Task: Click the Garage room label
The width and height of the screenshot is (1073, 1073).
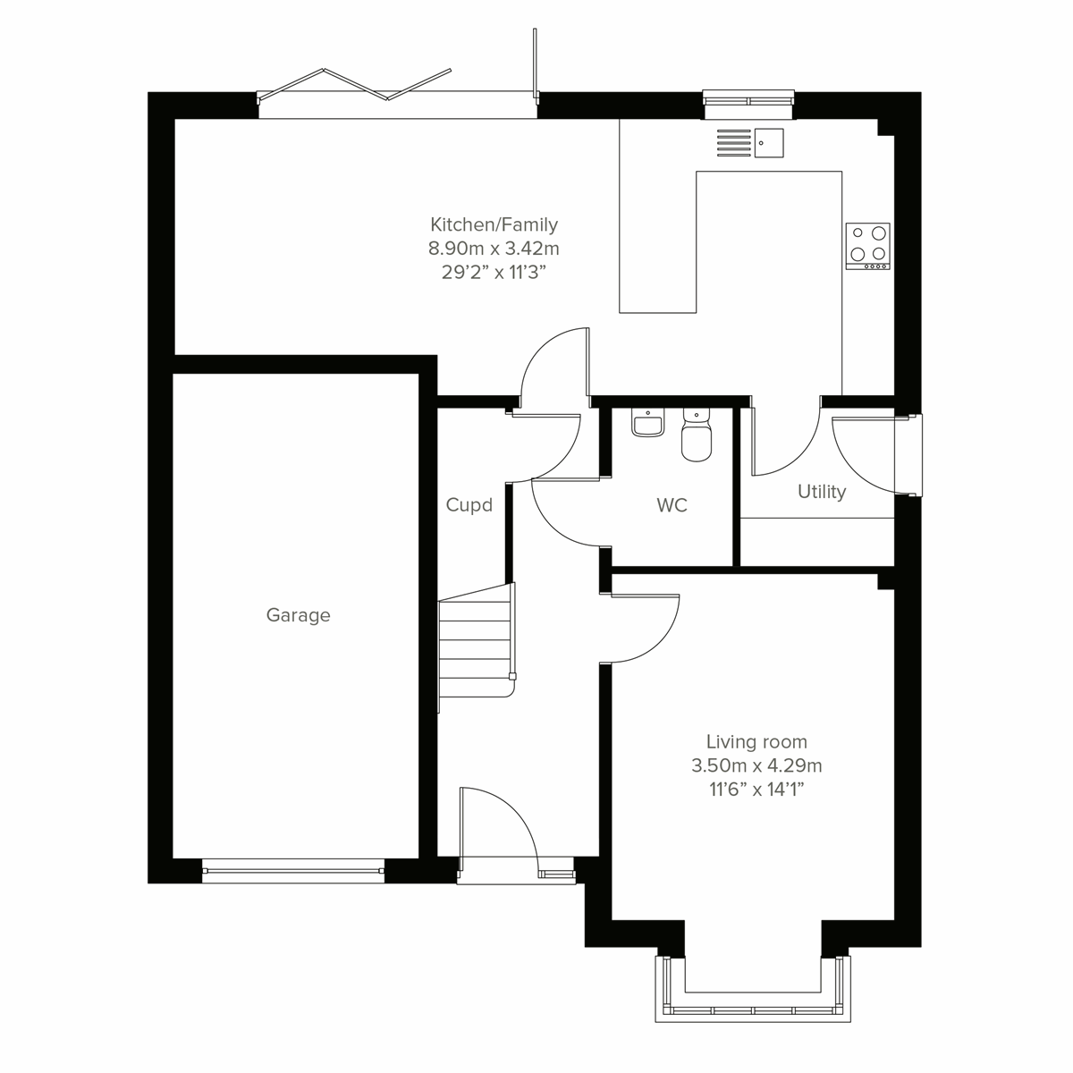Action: tap(298, 615)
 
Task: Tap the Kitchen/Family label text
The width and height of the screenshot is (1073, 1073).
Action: tap(494, 224)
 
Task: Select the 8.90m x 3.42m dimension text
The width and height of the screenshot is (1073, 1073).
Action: tap(494, 249)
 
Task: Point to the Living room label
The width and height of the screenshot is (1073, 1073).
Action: tap(756, 741)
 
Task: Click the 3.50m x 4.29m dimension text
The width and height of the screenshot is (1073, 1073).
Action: tap(756, 765)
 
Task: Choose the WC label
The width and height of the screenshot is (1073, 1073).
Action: tap(672, 506)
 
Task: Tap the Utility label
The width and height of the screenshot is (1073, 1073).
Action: tap(821, 492)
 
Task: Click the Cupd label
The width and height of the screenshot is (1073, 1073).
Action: tap(469, 506)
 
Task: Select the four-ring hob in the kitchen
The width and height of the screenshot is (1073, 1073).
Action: tap(867, 245)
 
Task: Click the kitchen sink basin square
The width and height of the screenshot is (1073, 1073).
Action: tap(769, 142)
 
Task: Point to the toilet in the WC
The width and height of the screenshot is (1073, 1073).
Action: tap(696, 436)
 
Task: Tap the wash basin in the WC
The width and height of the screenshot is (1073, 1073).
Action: tap(646, 423)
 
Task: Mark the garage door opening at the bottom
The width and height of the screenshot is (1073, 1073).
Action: tap(293, 869)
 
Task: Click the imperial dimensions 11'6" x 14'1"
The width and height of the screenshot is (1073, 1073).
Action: tap(756, 790)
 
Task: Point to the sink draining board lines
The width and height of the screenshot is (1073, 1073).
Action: tap(733, 142)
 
